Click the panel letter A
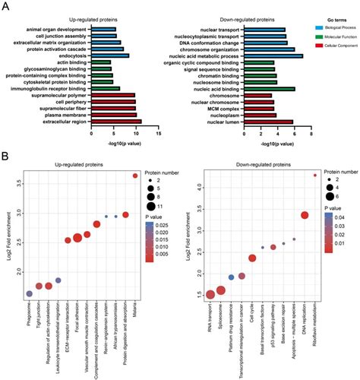pos(5,5)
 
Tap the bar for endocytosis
pos(109,55)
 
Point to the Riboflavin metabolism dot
pos(315,176)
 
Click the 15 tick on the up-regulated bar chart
pos(158,134)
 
